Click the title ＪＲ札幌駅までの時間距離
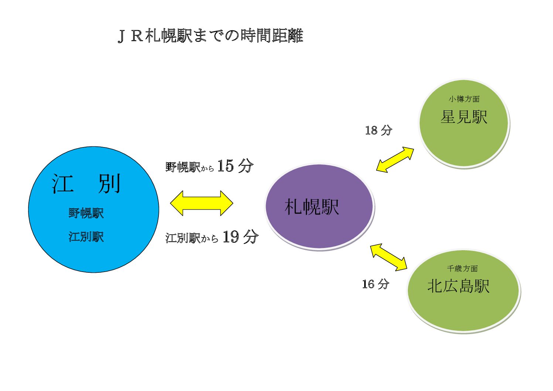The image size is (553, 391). (210, 36)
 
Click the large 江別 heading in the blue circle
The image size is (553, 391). (86, 184)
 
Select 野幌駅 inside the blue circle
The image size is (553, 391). (86, 213)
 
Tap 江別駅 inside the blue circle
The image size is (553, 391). (86, 237)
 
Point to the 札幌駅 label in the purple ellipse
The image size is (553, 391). (312, 207)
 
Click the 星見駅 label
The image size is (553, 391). (464, 117)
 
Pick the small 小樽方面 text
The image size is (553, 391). (464, 99)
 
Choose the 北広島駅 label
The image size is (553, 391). (458, 286)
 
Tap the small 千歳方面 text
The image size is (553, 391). (462, 269)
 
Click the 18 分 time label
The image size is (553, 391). (379, 130)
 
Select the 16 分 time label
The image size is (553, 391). (376, 284)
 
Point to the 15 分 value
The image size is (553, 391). (235, 166)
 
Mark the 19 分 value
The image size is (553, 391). (240, 237)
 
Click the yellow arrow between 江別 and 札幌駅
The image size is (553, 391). (202, 203)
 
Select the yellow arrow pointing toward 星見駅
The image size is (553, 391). (395, 160)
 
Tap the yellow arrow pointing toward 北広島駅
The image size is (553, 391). (389, 257)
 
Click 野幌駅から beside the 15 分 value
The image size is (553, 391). (190, 167)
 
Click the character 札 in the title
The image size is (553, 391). (153, 36)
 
